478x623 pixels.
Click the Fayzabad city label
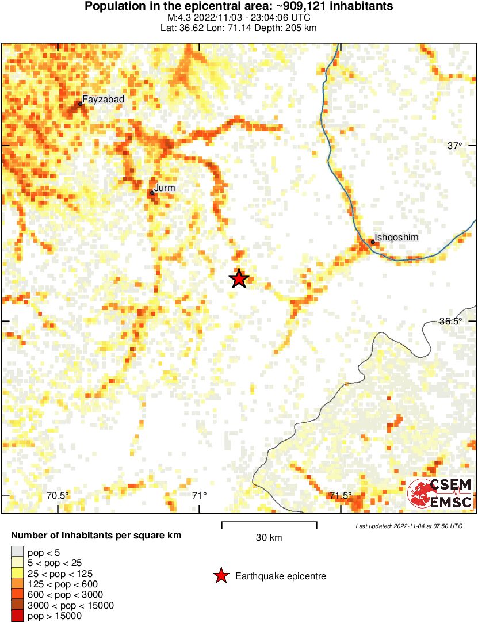click(x=103, y=100)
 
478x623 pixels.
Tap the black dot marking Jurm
click(x=152, y=193)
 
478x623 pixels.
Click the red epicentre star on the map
click(x=239, y=278)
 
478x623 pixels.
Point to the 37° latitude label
click(x=454, y=146)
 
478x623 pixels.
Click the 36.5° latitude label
click(x=451, y=322)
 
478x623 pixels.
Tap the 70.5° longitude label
click(x=58, y=495)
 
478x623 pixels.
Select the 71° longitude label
click(x=199, y=495)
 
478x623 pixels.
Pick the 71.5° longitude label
click(x=341, y=495)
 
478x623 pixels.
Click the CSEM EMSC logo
click(x=440, y=494)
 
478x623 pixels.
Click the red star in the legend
click(x=220, y=576)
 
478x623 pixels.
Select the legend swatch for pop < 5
click(x=17, y=552)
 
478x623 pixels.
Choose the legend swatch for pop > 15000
click(x=17, y=616)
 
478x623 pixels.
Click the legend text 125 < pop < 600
click(x=59, y=584)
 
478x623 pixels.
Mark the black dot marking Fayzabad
click(x=80, y=104)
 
